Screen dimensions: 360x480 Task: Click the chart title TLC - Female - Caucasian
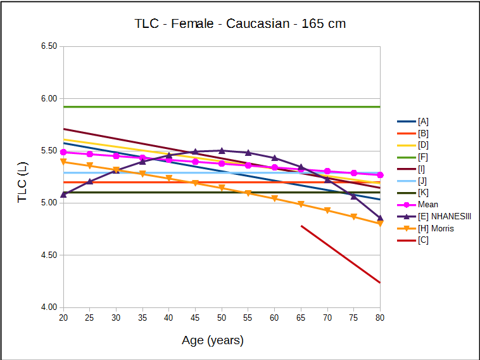[240, 24]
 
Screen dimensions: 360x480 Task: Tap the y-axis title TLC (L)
[22, 182]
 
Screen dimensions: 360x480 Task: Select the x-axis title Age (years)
[213, 340]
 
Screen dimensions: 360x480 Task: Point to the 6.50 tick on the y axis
[48, 46]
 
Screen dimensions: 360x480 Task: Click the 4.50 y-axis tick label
[48, 255]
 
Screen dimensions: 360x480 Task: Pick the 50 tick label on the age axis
[222, 317]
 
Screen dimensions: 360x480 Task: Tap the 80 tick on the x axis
[380, 317]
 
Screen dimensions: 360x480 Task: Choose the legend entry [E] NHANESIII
[444, 217]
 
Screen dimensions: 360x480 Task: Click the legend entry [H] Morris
[436, 228]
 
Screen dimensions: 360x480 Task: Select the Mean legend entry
[427, 205]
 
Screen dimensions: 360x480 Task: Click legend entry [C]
[423, 240]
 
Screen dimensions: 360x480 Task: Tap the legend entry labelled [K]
[423, 193]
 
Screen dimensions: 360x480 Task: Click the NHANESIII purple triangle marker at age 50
[222, 150]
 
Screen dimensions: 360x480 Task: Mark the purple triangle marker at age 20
[63, 194]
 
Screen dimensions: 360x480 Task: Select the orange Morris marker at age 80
[380, 223]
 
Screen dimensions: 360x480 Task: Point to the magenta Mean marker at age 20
[63, 152]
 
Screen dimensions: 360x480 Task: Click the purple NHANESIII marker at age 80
[380, 217]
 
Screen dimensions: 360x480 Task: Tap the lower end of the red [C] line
[379, 282]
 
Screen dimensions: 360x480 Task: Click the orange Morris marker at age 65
[301, 204]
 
